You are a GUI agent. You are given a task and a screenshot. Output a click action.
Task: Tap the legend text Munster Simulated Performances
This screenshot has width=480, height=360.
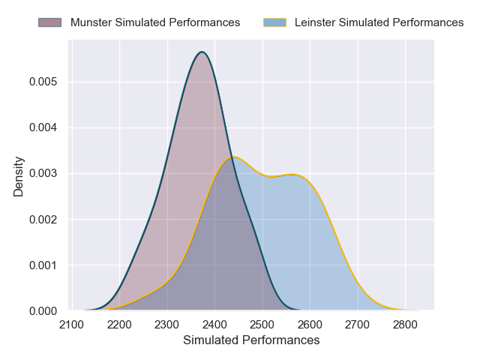coord(155,22)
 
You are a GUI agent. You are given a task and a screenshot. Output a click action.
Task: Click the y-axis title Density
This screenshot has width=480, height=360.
coord(19,176)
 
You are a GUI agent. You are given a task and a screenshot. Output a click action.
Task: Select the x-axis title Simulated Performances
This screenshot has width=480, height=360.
coord(251,340)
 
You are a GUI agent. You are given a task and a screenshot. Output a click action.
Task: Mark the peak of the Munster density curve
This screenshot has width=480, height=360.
coord(202,52)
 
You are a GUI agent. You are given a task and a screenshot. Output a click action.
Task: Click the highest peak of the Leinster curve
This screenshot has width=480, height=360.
coord(234,157)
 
